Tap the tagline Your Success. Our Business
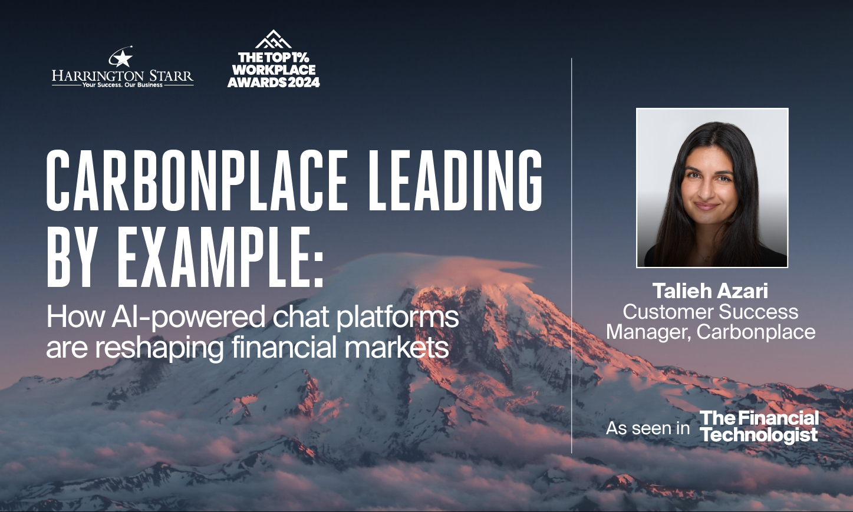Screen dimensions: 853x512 pos(122,85)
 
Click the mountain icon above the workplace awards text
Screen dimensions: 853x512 pos(274,39)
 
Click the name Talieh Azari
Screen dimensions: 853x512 pos(710,291)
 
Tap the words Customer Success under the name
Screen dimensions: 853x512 pos(710,312)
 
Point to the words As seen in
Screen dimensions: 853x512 pos(648,428)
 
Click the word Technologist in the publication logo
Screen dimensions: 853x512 pos(759,435)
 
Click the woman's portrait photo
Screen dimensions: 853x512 pos(712,188)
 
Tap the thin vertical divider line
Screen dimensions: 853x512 pos(572,256)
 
